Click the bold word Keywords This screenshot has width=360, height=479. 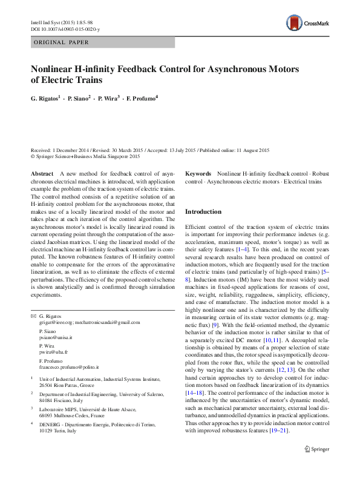(198, 174)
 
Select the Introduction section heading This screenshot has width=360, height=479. (203, 212)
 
